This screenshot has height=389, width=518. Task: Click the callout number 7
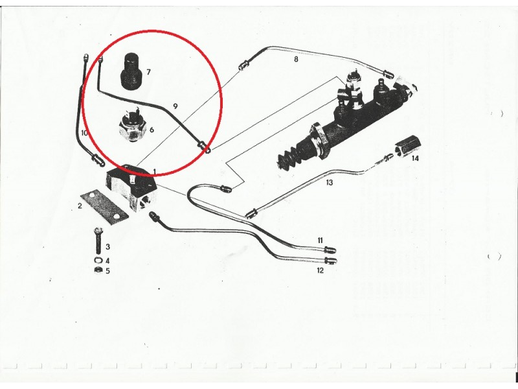click(148, 72)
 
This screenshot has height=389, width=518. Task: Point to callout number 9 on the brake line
click(175, 106)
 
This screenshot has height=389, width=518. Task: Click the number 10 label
click(84, 133)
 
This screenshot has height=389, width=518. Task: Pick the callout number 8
click(296, 59)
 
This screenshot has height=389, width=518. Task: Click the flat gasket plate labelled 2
click(104, 206)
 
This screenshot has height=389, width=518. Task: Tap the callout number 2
click(80, 206)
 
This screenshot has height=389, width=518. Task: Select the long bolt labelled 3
click(98, 240)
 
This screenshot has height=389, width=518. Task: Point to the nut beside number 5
click(98, 270)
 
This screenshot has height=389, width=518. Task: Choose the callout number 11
click(320, 241)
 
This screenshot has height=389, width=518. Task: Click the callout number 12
click(320, 270)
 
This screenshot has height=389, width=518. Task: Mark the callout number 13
click(329, 183)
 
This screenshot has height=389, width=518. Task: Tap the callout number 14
click(415, 158)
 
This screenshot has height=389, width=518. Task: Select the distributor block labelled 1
click(131, 187)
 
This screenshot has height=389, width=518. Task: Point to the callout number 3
click(107, 247)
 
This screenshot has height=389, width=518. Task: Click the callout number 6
click(152, 129)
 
